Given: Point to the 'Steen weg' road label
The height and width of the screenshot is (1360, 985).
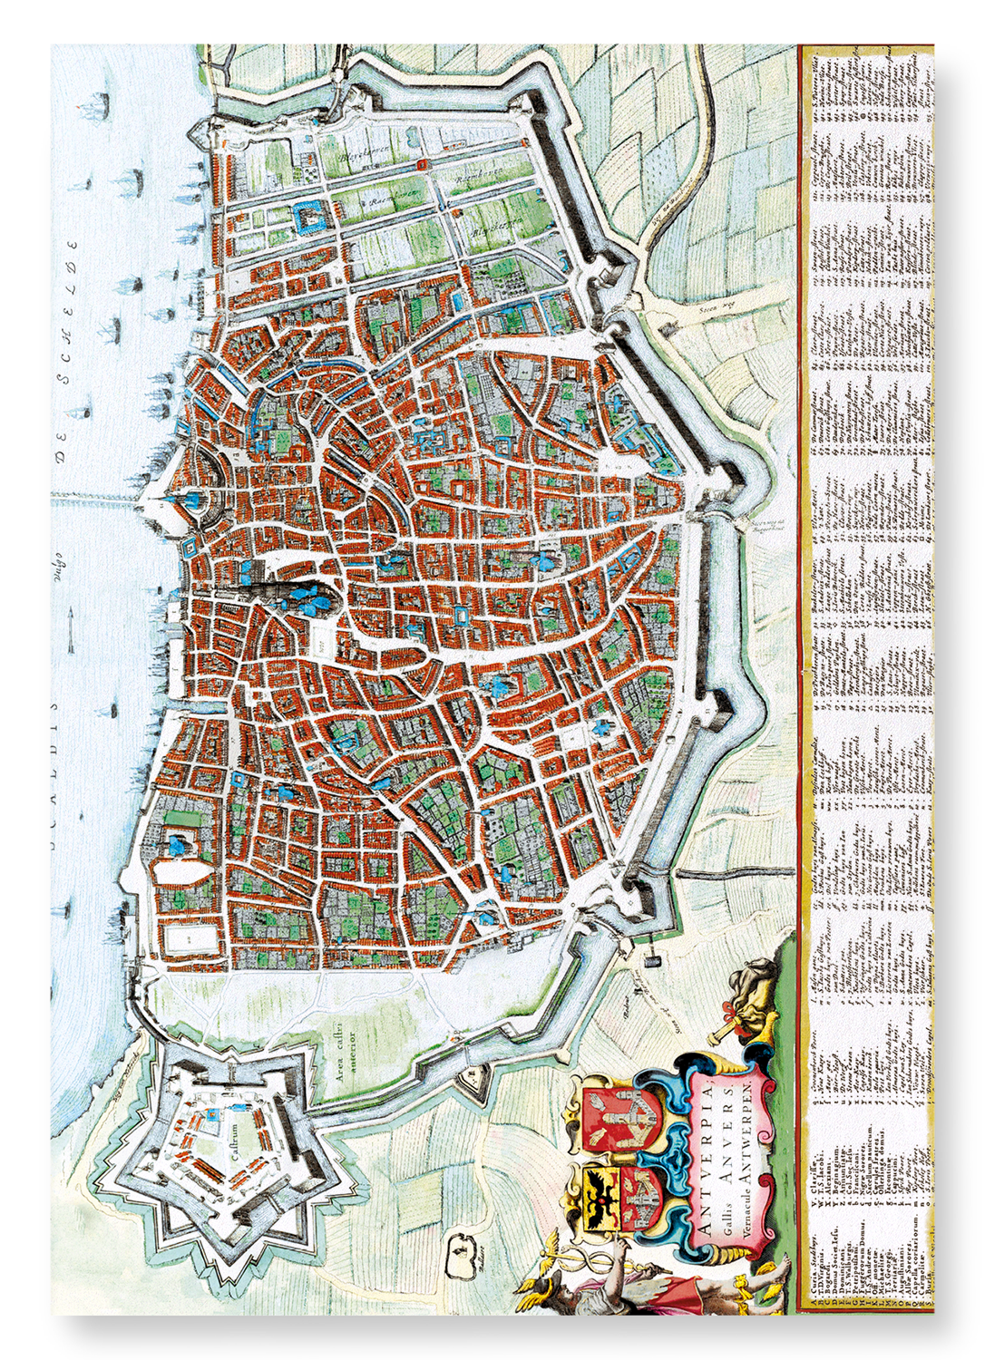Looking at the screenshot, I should coord(716,308).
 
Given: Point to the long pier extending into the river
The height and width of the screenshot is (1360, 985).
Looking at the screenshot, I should coord(100,498).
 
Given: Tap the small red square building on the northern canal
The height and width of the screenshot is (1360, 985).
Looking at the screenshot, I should coord(423,164).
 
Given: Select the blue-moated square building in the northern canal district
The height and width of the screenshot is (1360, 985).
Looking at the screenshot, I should coord(309,219).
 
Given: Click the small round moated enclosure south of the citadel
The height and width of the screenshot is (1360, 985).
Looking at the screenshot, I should coord(462,1254).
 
